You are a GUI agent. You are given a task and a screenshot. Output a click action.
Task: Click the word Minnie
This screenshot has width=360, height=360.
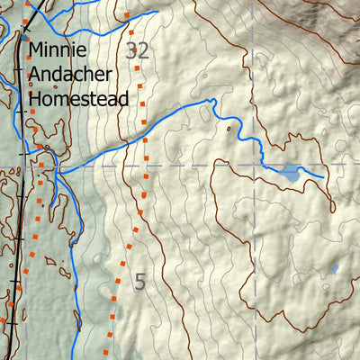tap(58, 50)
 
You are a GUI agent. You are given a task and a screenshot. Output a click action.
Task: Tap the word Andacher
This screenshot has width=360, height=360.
tap(71, 74)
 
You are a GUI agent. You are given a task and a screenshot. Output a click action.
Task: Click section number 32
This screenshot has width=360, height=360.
tap(138, 50)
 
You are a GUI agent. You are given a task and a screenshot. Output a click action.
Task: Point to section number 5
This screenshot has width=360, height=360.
tap(139, 281)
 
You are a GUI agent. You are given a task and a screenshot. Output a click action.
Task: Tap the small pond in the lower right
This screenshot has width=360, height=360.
tap(334, 268)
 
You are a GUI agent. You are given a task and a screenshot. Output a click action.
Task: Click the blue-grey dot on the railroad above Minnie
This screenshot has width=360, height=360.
tap(18, 39)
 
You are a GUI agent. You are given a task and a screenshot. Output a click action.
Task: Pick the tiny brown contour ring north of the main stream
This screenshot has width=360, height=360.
tap(229, 130)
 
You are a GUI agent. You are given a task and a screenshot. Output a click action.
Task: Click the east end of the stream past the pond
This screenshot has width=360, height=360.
tap(322, 177)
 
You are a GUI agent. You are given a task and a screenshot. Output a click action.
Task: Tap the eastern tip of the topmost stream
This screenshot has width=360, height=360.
tap(158, 12)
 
